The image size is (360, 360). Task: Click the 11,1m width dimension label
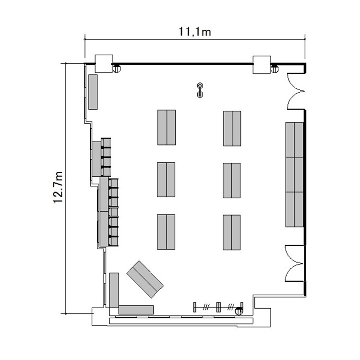[195, 32]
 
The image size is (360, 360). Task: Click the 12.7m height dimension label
[58, 187]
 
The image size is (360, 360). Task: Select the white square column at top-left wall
[104, 63]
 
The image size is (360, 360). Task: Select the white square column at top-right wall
[262, 65]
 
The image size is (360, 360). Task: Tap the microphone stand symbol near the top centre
[200, 90]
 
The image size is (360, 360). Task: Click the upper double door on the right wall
[296, 91]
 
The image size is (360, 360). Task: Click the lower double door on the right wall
[295, 264]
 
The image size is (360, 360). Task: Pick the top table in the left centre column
[167, 127]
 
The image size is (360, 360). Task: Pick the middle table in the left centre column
[166, 180]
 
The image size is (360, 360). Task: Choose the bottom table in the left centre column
[166, 232]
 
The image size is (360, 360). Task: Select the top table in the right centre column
[232, 129]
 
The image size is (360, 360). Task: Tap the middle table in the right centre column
[232, 180]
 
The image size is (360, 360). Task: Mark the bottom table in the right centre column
[232, 232]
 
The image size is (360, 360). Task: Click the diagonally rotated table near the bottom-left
[145, 279]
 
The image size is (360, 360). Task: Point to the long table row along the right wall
[295, 175]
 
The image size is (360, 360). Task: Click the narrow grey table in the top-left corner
[93, 92]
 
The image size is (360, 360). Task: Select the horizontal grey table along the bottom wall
[136, 310]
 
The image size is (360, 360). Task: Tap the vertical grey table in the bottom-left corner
[114, 290]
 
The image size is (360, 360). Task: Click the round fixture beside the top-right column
[274, 69]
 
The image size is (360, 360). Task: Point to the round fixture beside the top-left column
[117, 69]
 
